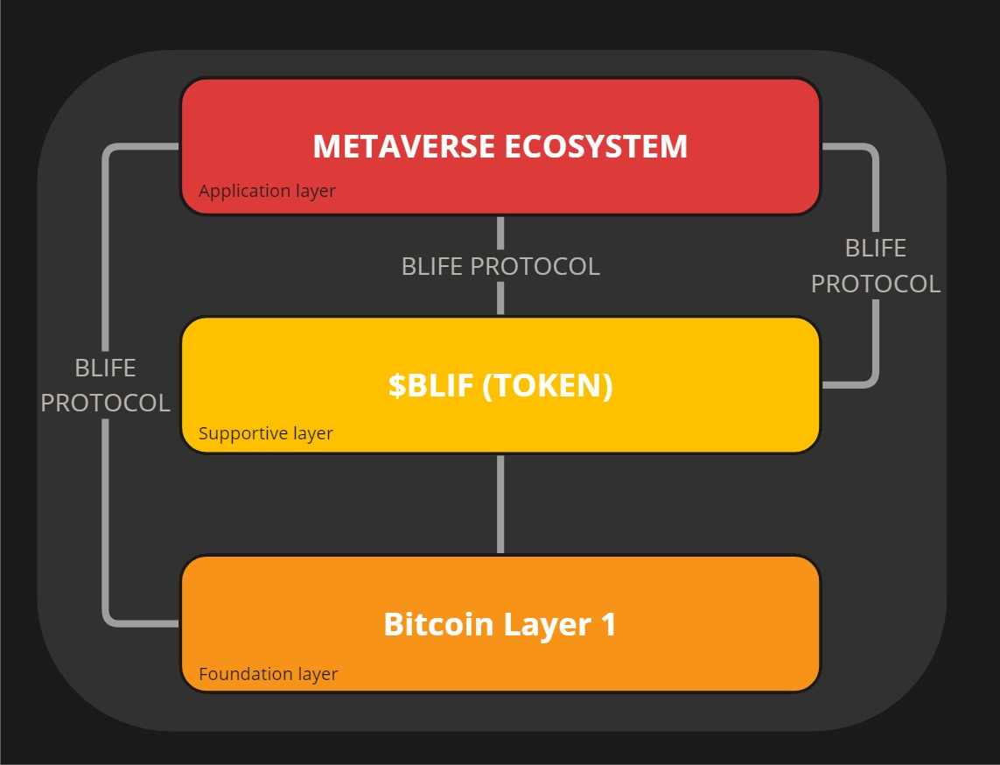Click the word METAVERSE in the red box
coord(404,146)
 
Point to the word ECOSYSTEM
coord(596,146)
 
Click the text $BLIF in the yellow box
coord(430,385)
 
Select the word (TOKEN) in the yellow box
coord(548,385)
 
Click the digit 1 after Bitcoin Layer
coord(608,625)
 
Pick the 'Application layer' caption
coord(267,191)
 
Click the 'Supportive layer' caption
coord(266,433)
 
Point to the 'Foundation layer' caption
coord(268,674)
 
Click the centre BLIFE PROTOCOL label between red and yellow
coord(500,266)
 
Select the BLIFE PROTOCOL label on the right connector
coord(875,266)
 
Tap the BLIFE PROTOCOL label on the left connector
coord(105,385)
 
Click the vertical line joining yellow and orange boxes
coord(500,503)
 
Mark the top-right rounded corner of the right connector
coord(872,151)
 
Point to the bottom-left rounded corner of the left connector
coord(108,620)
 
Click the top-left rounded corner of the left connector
coord(108,151)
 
